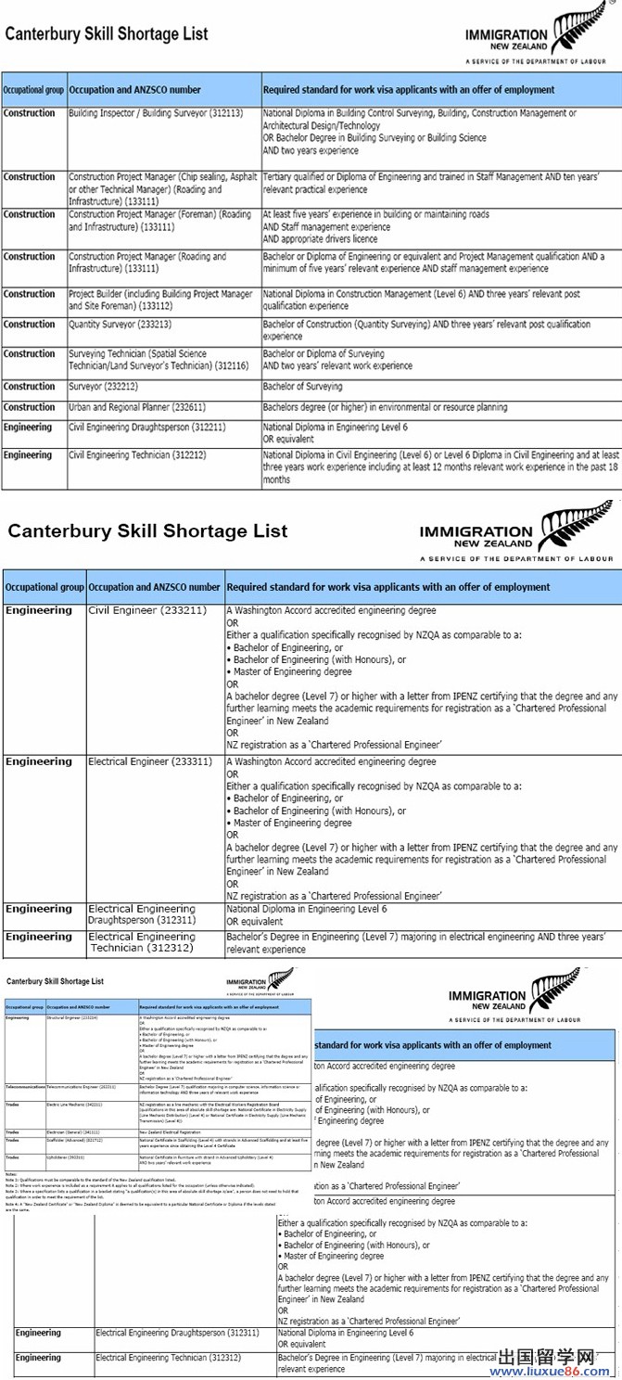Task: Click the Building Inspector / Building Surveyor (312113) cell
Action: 156,113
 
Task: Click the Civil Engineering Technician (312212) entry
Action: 133,455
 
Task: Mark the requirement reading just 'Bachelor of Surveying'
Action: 302,387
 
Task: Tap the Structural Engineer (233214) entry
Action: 72,1018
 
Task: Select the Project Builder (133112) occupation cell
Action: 160,300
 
